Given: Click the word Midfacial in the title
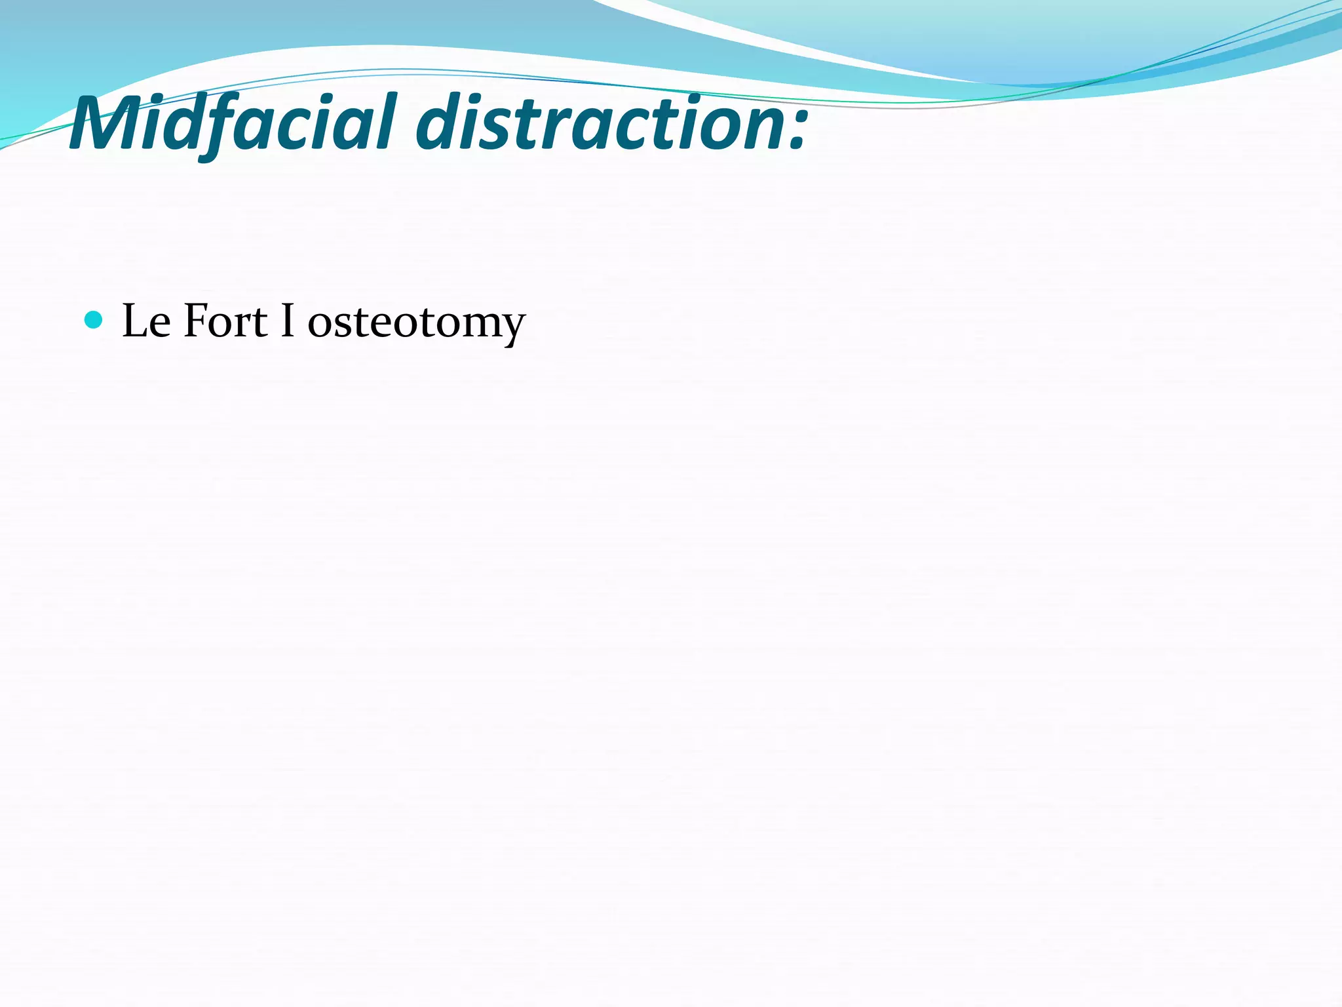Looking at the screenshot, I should pos(233,123).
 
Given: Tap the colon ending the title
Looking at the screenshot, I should pos(796,128).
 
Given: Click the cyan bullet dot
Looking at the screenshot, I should pos(94,320).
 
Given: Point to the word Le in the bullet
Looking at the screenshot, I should pos(146,321).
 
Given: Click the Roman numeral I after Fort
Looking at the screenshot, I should pos(287,321).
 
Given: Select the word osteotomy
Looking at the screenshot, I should pos(416,323).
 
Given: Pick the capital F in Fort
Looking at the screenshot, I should pos(195,321).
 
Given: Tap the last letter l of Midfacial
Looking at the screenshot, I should pos(389,121).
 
